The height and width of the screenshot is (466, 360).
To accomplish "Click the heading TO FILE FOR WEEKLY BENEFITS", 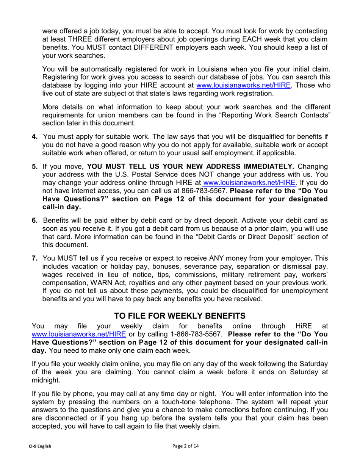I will click(x=180, y=316).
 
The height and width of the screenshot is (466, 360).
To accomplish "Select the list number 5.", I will click(x=34, y=166).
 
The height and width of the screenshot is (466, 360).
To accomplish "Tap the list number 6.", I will click(x=34, y=220).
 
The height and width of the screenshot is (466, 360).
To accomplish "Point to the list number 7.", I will click(x=34, y=258).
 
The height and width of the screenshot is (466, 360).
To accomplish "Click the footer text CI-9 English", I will click(x=40, y=446).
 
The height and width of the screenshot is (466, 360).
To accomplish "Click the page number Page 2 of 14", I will click(x=185, y=446).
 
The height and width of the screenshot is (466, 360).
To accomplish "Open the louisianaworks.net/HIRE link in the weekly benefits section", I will click(x=78, y=334).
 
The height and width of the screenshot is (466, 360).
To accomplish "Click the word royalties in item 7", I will click(x=146, y=283).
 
